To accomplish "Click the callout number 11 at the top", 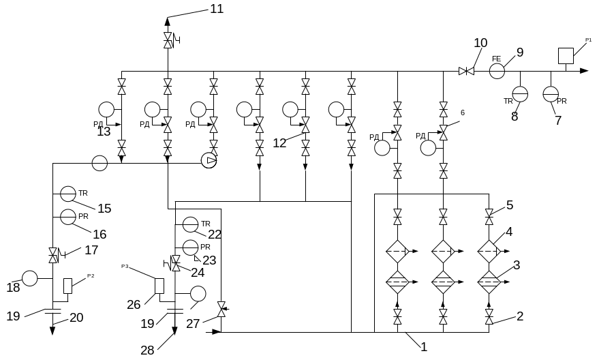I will pyautogui.click(x=216, y=9).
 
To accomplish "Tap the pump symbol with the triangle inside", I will pyautogui.click(x=209, y=160).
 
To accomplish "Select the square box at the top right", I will pyautogui.click(x=565, y=55).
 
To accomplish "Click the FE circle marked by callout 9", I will pyautogui.click(x=497, y=70).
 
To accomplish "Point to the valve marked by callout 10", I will pyautogui.click(x=466, y=70).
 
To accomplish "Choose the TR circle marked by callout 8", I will pyautogui.click(x=520, y=95).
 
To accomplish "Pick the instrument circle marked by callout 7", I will pyautogui.click(x=551, y=95).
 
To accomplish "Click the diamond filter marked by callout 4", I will pyautogui.click(x=489, y=252).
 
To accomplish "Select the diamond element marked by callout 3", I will pyautogui.click(x=489, y=281).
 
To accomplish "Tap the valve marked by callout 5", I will pyautogui.click(x=489, y=217).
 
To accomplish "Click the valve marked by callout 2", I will pyautogui.click(x=489, y=315).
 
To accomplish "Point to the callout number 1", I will pyautogui.click(x=423, y=346).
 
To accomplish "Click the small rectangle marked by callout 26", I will pyautogui.click(x=159, y=286).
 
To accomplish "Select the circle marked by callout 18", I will pyautogui.click(x=29, y=278).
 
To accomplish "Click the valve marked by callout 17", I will pyautogui.click(x=53, y=254).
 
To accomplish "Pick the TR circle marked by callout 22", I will pyautogui.click(x=190, y=224).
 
